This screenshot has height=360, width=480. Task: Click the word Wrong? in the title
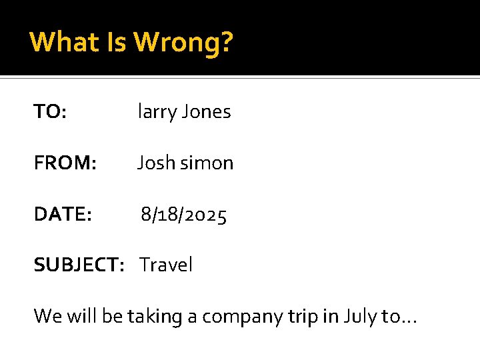[183, 42]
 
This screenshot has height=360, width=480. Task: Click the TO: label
[50, 112]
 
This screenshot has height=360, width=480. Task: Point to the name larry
[155, 112]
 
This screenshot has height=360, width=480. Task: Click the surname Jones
[205, 112]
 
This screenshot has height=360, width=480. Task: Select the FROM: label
[65, 163]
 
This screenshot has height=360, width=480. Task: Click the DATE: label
[63, 215]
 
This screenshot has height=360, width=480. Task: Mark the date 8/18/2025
[183, 215]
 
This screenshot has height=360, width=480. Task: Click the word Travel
[166, 265]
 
